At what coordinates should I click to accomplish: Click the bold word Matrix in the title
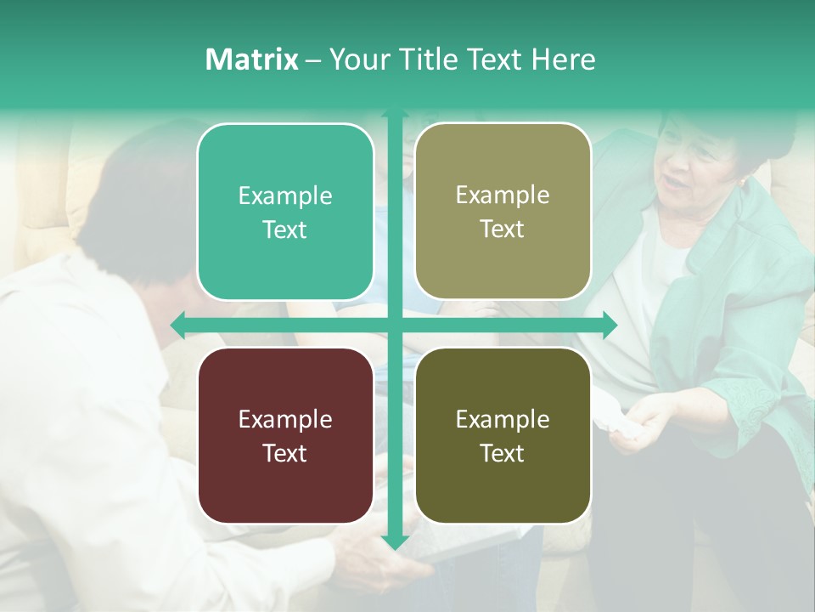pyautogui.click(x=251, y=59)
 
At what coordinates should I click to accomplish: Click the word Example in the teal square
pyautogui.click(x=285, y=196)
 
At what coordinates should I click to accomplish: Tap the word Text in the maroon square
pyautogui.click(x=285, y=453)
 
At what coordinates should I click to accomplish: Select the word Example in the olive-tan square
pyautogui.click(x=503, y=195)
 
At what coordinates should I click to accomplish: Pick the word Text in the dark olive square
pyautogui.click(x=503, y=453)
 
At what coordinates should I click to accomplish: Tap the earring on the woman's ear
pyautogui.click(x=744, y=183)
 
